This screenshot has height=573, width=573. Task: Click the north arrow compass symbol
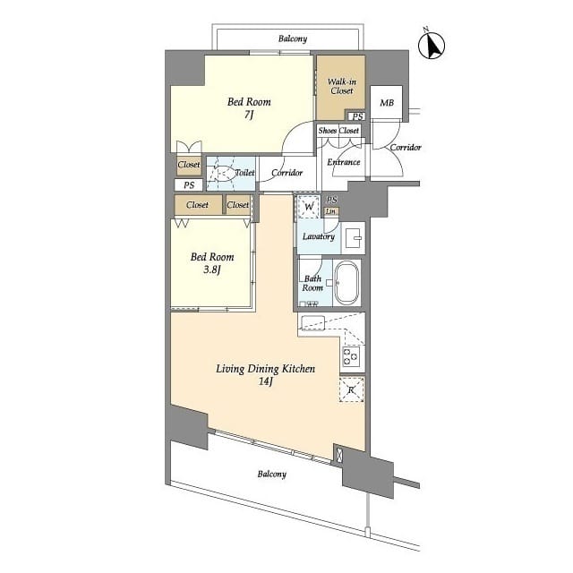[x=432, y=45]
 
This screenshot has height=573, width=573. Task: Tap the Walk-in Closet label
[x=342, y=86]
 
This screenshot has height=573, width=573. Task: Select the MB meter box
[x=386, y=102]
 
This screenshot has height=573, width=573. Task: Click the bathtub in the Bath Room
[x=346, y=283]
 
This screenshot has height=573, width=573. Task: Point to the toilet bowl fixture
[x=224, y=173]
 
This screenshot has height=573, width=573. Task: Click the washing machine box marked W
[x=309, y=207]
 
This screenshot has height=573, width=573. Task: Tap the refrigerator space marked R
[x=352, y=390]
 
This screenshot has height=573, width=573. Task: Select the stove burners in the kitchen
[x=351, y=356]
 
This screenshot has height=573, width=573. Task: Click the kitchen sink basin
[x=312, y=322]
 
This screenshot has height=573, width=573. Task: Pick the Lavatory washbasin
[x=354, y=238]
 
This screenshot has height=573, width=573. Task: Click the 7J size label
[x=249, y=115]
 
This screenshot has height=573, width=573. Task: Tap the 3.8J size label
[x=212, y=270]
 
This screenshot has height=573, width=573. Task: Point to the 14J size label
[x=266, y=381]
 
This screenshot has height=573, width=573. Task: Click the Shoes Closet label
[x=338, y=131]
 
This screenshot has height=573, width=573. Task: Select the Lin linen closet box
[x=330, y=211]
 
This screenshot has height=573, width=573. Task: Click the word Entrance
[x=344, y=162]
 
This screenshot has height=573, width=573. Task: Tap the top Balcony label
[x=293, y=38]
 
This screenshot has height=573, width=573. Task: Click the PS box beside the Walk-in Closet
[x=357, y=116]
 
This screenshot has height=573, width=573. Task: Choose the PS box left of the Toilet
[x=189, y=185]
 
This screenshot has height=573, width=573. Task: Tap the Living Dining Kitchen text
[x=266, y=369]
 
